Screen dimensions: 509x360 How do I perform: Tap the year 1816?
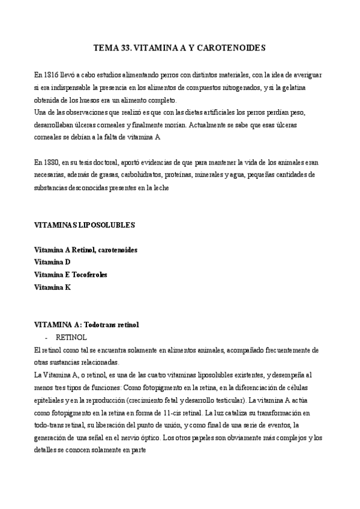[50, 75]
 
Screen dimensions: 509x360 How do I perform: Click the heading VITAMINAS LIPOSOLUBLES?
[85, 225]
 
